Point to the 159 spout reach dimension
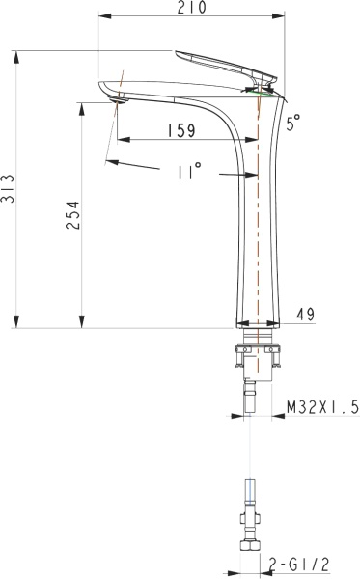[x=180, y=129]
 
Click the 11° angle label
[x=189, y=170]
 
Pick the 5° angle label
[x=293, y=122]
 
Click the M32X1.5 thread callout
[x=322, y=408]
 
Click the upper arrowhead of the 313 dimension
[x=18, y=55]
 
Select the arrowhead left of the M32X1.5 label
[x=238, y=417]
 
